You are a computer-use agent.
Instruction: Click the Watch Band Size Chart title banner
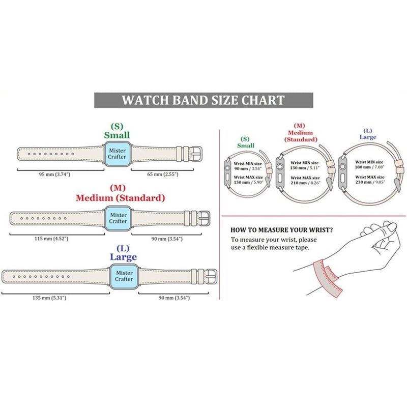203,99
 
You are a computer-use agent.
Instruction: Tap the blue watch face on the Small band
117,153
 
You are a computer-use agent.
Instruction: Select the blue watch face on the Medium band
118,218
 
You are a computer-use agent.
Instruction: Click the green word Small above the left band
117,135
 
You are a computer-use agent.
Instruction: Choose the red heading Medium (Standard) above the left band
120,197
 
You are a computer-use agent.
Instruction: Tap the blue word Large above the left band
124,257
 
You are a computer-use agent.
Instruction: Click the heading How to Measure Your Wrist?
282,230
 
